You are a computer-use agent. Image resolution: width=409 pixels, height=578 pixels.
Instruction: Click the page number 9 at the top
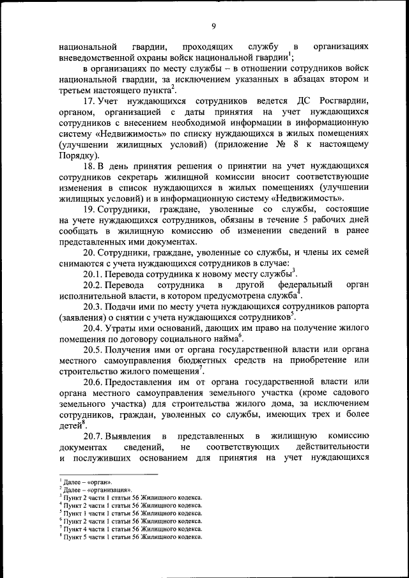tap(213, 26)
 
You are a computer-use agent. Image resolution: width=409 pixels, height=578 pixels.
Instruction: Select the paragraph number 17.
tap(89, 102)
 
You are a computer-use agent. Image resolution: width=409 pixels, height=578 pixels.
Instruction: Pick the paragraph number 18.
tap(89, 166)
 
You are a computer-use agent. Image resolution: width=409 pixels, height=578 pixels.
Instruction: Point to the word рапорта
tap(350, 305)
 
